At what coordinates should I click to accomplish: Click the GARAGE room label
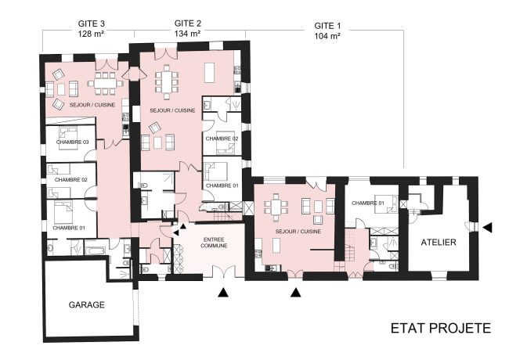tap(86, 304)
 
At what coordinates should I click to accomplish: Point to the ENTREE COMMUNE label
tap(215, 241)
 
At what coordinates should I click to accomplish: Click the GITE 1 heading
tap(327, 24)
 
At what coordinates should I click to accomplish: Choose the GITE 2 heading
tap(188, 23)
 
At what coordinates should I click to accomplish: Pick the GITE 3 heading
tap(92, 24)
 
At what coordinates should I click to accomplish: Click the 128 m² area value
tap(92, 35)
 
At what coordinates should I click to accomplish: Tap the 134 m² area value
tap(188, 34)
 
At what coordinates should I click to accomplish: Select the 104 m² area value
tap(327, 36)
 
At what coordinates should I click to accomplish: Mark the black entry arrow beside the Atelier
tap(488, 227)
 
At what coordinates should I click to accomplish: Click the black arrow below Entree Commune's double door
tap(223, 293)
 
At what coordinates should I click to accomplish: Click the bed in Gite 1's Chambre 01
tap(384, 200)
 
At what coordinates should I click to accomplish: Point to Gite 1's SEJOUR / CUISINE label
tap(297, 232)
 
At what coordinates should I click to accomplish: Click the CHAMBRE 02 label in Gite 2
tap(222, 139)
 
